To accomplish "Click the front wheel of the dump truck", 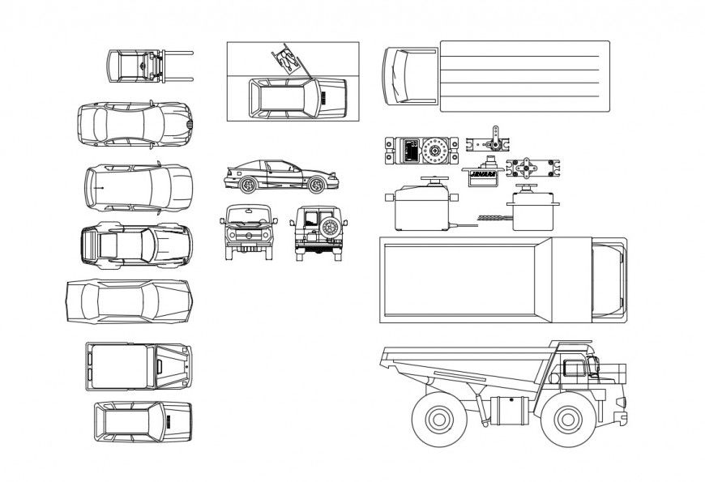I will click(565, 420).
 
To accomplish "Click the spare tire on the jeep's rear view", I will click(330, 228).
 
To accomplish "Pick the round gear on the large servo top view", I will click(436, 151).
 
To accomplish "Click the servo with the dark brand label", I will click(483, 175).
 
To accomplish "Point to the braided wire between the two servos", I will click(489, 217).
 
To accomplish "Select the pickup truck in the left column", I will click(139, 365).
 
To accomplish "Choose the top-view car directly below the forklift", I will click(135, 125).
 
